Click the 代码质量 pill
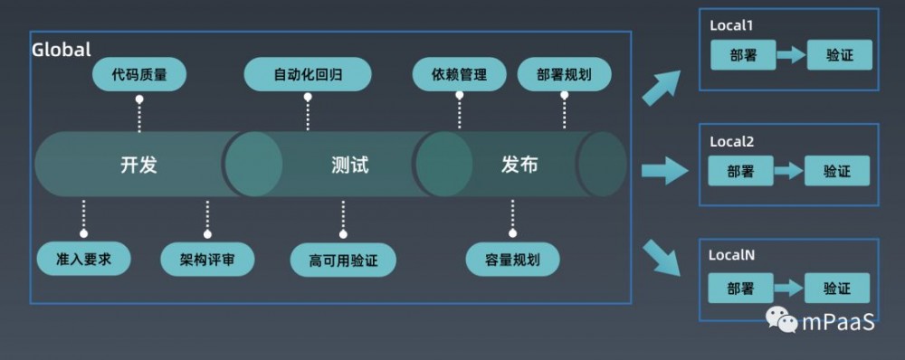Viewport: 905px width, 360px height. (x=139, y=74)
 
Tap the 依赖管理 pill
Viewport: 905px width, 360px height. (x=459, y=74)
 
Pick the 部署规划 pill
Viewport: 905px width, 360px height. (x=564, y=74)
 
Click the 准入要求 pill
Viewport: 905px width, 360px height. (x=83, y=260)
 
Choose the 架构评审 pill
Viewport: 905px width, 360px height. (x=207, y=260)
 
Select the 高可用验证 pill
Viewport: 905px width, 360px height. (x=343, y=261)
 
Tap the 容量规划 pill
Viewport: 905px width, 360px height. (x=513, y=260)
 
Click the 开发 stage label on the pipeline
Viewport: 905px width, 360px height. (x=138, y=166)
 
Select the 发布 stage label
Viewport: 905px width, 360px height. (x=519, y=166)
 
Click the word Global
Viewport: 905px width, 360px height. (x=62, y=50)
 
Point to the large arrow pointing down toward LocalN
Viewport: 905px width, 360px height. (x=664, y=256)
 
